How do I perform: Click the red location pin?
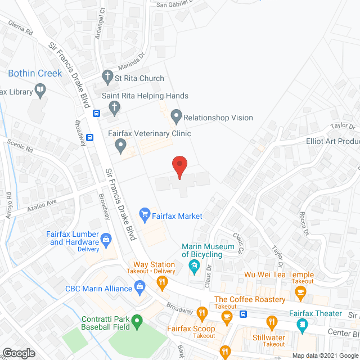point(179,167)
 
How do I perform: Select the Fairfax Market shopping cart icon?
point(145,213)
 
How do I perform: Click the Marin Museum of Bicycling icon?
point(195,265)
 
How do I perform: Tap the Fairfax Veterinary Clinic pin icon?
point(120,146)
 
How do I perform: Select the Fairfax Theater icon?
point(302,324)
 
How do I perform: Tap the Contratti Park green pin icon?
point(136,322)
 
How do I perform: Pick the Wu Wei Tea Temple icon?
point(300,291)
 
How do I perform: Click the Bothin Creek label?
point(35,74)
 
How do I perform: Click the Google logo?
point(19,353)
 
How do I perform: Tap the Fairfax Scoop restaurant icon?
point(201,312)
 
